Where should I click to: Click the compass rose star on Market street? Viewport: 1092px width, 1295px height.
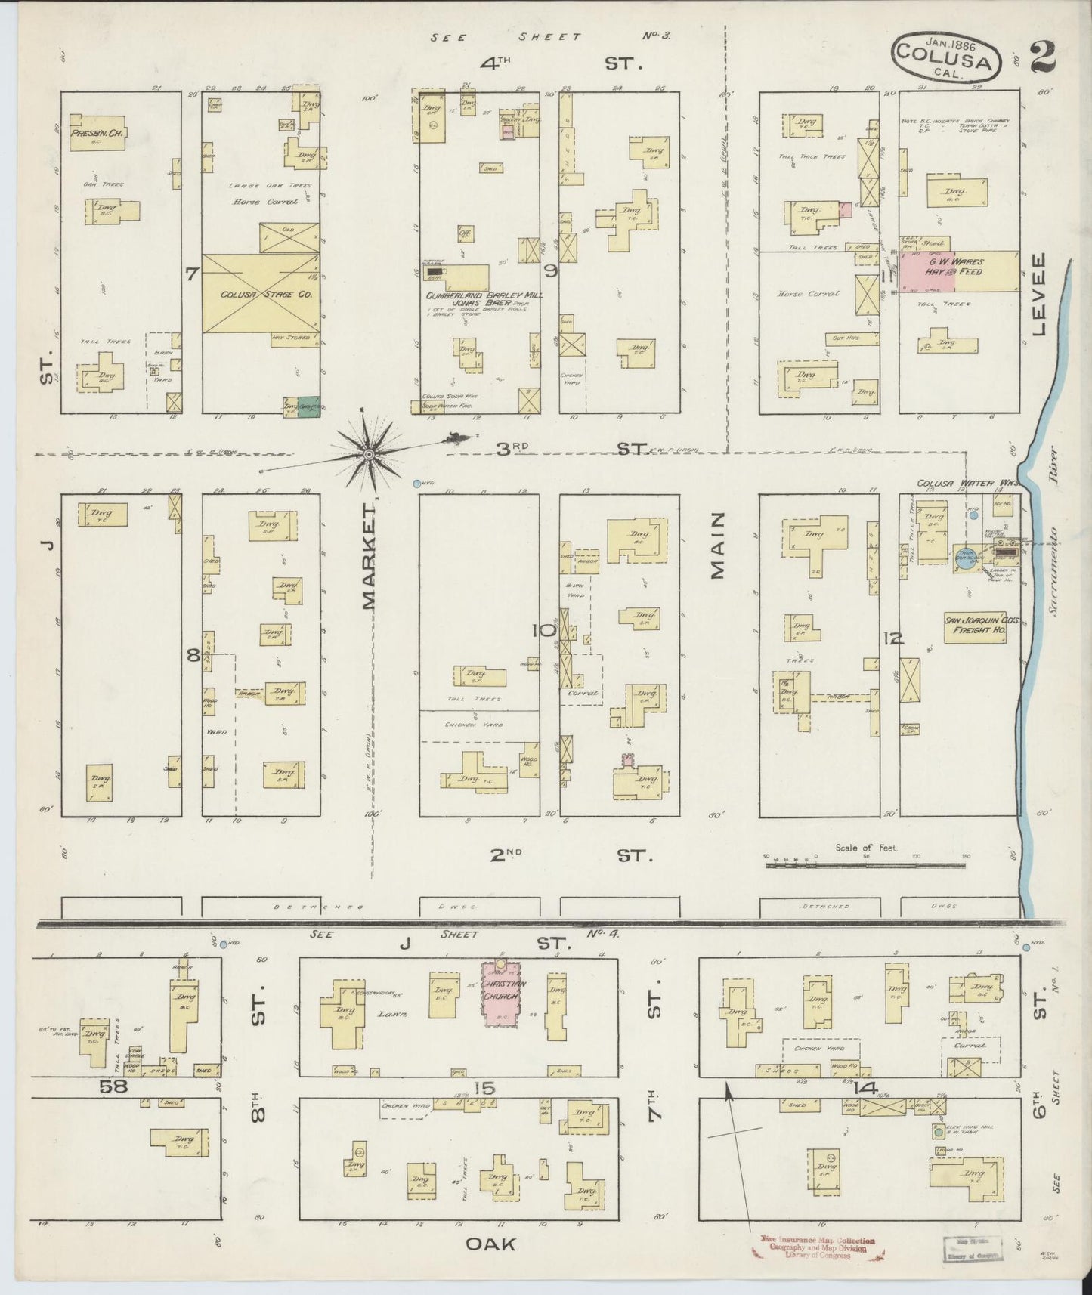pos(368,453)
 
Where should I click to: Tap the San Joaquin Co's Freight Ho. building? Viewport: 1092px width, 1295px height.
pos(975,627)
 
